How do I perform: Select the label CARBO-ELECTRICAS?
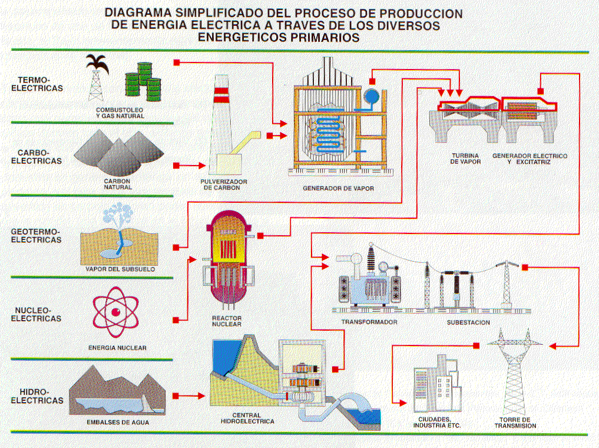pos(40,156)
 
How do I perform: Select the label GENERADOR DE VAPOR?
pos(338,189)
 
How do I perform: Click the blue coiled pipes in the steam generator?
pos(327,133)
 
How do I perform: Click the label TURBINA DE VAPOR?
pos(466,159)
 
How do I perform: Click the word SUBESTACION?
pos(468,322)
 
